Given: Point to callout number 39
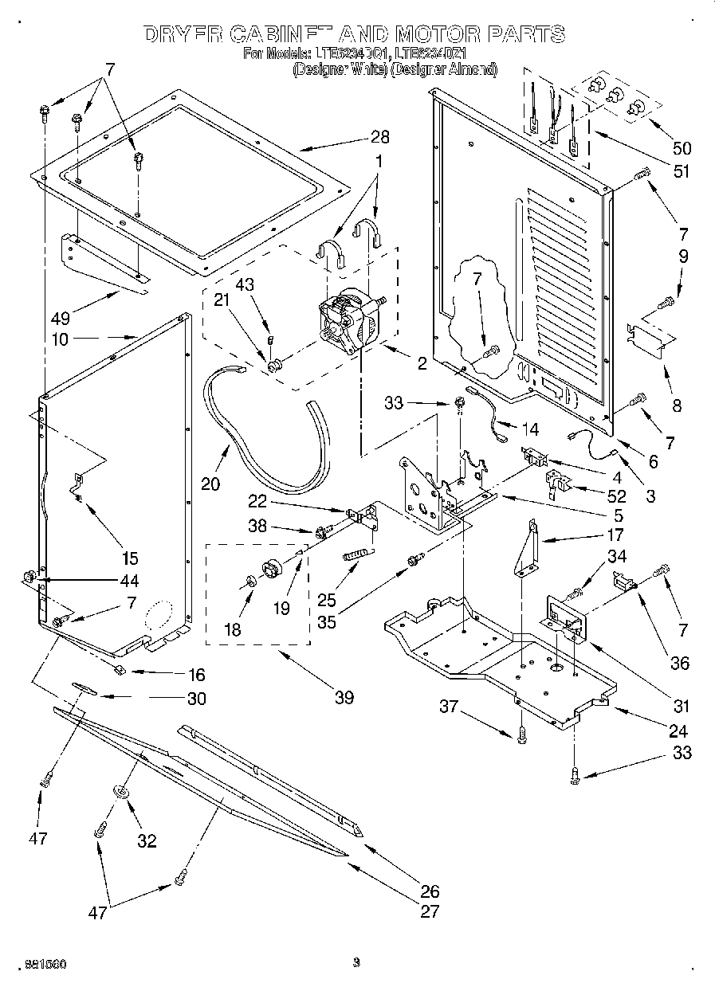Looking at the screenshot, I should [344, 699].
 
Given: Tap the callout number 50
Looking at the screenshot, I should [682, 147].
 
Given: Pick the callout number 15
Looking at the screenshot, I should [130, 558].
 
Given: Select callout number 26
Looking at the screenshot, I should [430, 891].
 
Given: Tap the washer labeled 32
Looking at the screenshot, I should [123, 791].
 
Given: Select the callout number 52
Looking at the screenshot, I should [615, 495].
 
